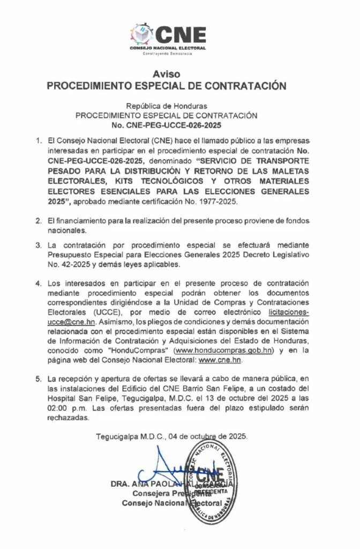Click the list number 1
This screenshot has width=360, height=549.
(x=38, y=141)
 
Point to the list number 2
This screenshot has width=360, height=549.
(x=38, y=221)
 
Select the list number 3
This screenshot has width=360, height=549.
(x=38, y=244)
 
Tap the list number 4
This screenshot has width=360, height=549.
(x=38, y=283)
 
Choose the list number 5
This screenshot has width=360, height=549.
(x=38, y=379)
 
